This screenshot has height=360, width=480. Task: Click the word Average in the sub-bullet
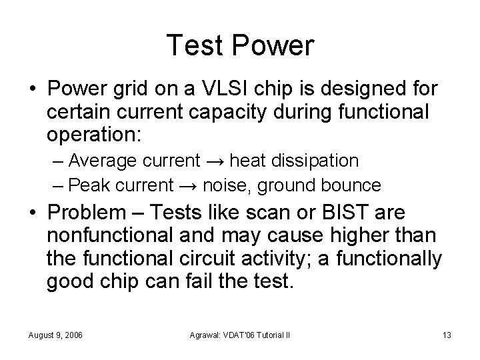click(99, 161)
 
